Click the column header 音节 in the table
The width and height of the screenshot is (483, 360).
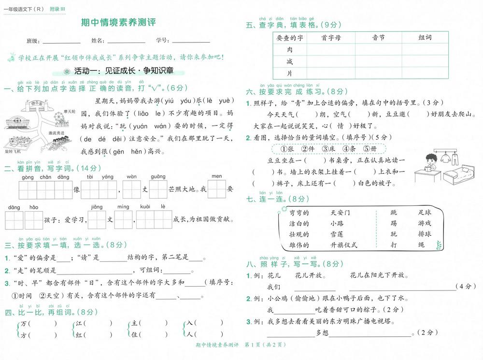coord(378,38)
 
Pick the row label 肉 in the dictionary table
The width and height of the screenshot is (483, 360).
coord(289,50)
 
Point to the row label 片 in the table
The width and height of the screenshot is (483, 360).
coord(289,73)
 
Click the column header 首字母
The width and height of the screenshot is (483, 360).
coord(331,38)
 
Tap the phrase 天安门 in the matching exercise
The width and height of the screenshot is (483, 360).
coord(341,213)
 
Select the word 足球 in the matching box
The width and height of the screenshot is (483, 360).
coord(425,213)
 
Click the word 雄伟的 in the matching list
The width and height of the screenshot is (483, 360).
coord(299,245)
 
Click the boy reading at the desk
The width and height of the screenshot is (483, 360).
coord(427,163)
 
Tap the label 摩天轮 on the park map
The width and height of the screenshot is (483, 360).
coord(69,111)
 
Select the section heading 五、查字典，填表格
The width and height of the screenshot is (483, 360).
coord(287,25)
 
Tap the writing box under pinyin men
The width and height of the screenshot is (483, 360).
coord(217,189)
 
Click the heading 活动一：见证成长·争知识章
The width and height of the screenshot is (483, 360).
coord(123,72)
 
